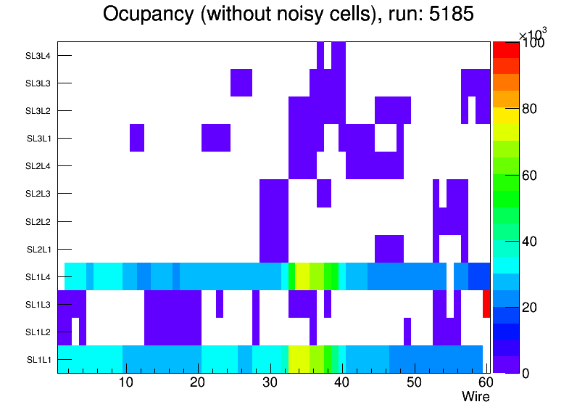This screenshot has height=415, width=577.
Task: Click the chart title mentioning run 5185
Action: click(x=288, y=14)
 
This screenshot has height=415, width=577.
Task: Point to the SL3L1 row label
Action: click(x=39, y=139)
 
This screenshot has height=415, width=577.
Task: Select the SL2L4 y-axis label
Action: click(x=39, y=166)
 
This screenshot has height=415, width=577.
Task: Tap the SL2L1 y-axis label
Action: click(x=39, y=250)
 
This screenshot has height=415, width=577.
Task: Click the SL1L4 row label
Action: click(x=39, y=277)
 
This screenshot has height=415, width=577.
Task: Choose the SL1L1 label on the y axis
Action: click(x=39, y=360)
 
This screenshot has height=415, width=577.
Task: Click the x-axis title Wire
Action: click(x=476, y=397)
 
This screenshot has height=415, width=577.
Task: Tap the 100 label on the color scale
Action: click(x=533, y=44)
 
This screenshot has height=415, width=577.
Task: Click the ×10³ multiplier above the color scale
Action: click(x=533, y=33)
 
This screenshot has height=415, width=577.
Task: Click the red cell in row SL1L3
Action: click(x=486, y=304)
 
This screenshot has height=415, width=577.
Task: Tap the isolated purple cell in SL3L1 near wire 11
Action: click(x=137, y=138)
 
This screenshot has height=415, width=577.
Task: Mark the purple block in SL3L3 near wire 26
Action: click(x=241, y=83)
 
